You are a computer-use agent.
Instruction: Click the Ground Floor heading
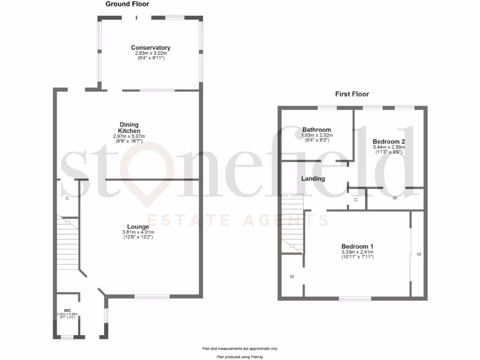127,4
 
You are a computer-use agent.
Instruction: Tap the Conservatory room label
150,48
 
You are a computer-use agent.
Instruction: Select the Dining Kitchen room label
129,127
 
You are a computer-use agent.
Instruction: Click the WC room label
67,310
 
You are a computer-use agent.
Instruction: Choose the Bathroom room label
316,130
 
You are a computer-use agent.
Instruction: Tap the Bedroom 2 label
389,141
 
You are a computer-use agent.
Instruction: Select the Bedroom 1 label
357,247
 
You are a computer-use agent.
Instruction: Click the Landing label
313,179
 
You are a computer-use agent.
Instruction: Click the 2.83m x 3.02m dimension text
150,53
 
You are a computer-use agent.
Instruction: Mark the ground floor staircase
67,244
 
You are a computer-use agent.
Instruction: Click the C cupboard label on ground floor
67,199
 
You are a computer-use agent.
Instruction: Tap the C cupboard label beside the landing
356,200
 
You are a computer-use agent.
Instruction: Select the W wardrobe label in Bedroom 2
395,198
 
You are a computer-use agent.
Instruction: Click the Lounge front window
152,296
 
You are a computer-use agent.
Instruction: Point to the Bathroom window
327,108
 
